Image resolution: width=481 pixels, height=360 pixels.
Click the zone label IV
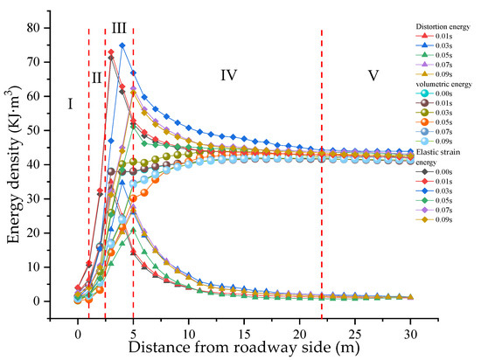pyautogui.click(x=228, y=75)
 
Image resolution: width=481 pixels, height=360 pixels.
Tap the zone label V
pyautogui.click(x=373, y=75)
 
